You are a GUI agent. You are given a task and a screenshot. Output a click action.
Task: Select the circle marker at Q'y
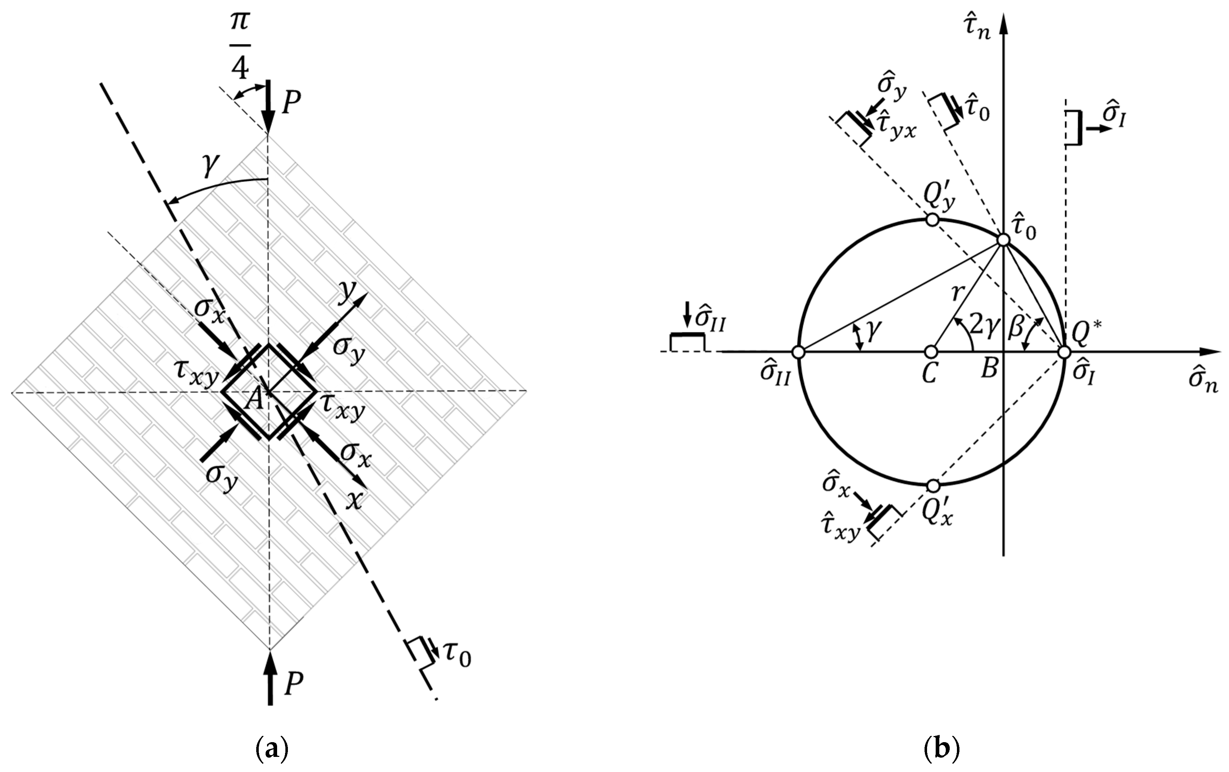[x=932, y=220]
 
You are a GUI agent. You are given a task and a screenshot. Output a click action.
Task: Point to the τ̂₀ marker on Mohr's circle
[x=1003, y=240]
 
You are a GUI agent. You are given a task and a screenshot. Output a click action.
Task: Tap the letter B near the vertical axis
[x=989, y=368]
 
